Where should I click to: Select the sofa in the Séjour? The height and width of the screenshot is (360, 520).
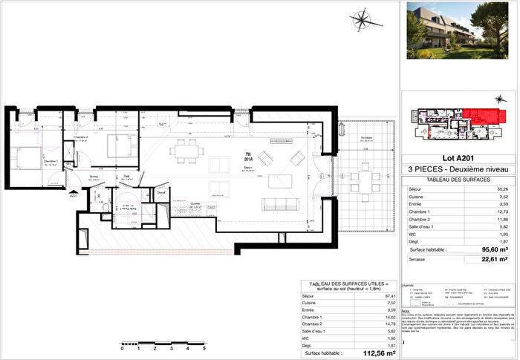pyautogui.click(x=281, y=204)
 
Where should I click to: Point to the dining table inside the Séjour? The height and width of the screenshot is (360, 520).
pyautogui.click(x=184, y=152)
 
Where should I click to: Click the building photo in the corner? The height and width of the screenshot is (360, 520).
pyautogui.click(x=459, y=30)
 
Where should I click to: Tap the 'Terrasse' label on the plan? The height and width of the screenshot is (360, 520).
pyautogui.click(x=366, y=138)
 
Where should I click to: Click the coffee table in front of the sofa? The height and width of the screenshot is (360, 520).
pyautogui.click(x=280, y=181)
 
